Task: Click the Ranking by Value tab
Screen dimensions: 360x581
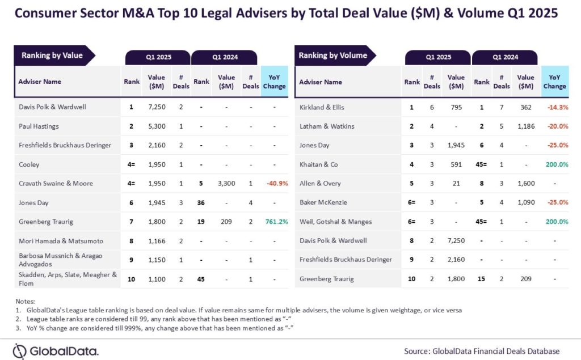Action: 52,56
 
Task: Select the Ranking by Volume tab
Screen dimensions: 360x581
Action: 333,56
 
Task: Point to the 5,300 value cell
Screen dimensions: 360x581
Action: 157,126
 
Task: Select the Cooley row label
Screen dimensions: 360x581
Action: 30,164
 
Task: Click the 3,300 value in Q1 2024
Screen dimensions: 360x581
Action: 226,183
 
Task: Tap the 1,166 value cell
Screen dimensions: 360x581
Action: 157,240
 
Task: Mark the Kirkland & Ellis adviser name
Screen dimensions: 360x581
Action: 322,107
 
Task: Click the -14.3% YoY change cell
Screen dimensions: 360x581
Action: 554,107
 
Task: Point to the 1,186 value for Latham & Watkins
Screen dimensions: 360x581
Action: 526,126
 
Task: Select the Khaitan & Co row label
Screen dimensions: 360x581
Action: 318,164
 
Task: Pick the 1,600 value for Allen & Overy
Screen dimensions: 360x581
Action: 526,183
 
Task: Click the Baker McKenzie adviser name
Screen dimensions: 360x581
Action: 323,202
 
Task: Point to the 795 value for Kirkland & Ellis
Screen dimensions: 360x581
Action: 456,107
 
